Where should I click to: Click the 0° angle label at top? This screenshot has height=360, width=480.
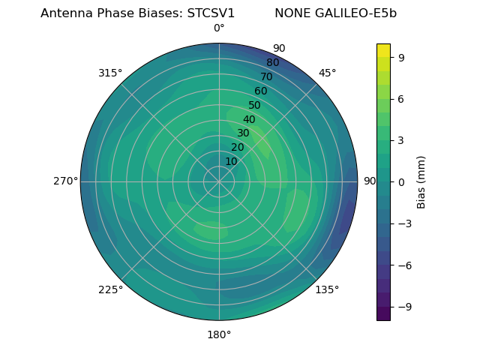point(219,28)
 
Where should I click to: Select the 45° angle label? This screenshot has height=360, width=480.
point(327,73)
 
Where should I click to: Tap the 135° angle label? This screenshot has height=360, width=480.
point(327,289)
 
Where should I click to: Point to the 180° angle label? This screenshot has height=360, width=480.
point(219,334)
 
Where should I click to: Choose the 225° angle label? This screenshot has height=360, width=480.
point(110,289)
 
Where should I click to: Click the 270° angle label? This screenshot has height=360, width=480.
point(65,181)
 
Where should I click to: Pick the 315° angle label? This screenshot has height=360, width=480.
point(110,73)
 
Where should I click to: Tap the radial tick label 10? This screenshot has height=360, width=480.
point(231,161)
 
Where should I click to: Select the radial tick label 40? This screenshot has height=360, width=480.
point(249,119)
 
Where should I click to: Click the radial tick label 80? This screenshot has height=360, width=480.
point(272,63)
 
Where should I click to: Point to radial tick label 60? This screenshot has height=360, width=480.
point(260,91)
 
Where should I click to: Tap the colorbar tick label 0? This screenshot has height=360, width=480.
point(401,181)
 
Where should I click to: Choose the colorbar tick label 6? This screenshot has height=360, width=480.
point(401,98)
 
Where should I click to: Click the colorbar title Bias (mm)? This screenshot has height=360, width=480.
point(421,181)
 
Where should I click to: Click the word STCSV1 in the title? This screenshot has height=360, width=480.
point(211,13)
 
